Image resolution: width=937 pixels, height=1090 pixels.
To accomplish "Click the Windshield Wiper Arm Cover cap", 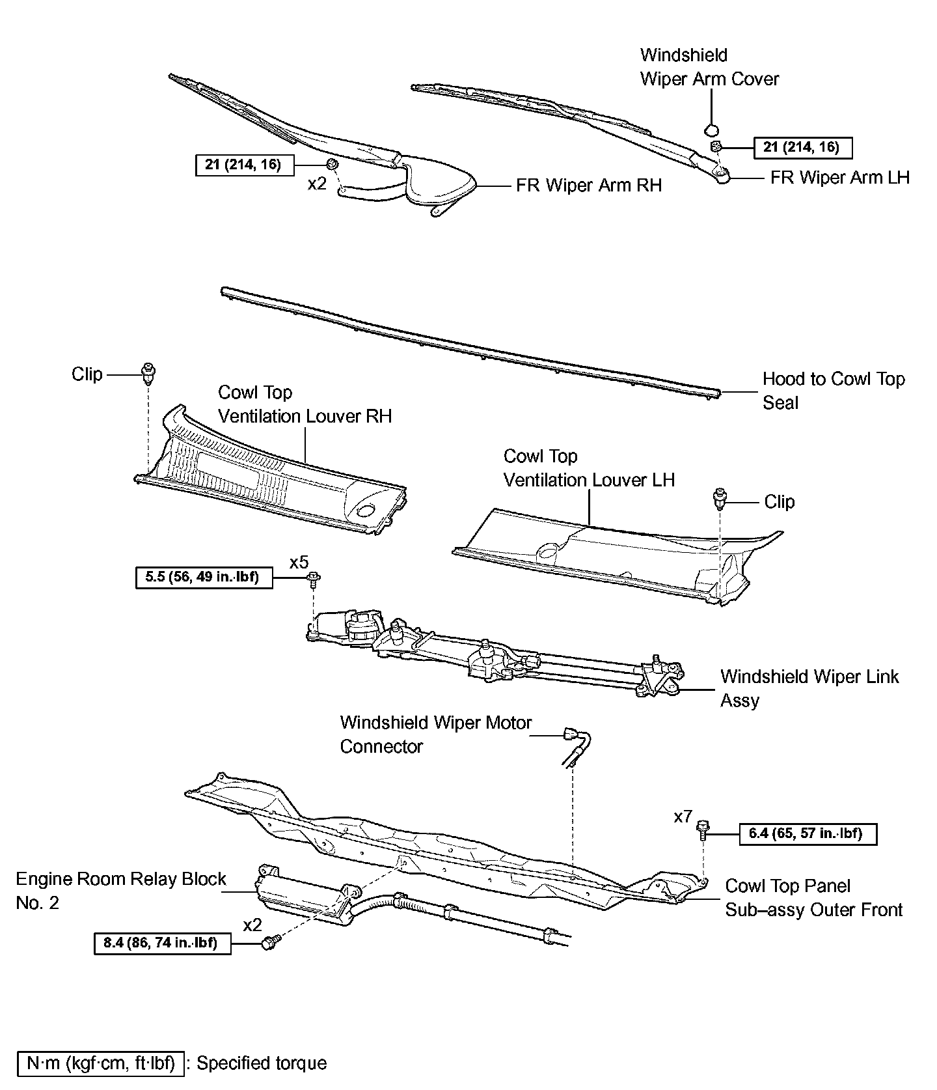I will coord(713,128).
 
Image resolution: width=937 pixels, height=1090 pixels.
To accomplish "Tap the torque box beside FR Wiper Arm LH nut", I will coord(802,148).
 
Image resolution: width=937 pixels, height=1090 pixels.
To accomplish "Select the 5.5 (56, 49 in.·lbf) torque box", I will coord(204,578).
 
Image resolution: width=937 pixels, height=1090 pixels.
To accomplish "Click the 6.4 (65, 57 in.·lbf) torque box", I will coord(808,834).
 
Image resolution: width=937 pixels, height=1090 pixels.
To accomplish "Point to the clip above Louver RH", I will coord(149,373).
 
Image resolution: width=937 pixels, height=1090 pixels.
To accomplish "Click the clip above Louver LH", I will coord(720,499).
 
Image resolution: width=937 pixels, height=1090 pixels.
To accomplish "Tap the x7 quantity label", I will coord(683,817).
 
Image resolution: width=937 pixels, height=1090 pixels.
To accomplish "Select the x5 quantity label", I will coord(299,563).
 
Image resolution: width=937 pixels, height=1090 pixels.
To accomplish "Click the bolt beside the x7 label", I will coord(702,830).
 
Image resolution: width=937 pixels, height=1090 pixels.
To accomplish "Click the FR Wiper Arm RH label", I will coord(588,186).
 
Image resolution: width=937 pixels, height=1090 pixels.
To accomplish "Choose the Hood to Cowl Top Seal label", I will coord(833,391).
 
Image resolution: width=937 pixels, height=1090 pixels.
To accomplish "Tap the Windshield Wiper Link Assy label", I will coord(809,688).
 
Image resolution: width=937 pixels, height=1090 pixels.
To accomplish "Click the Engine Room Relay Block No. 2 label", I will coord(120,890).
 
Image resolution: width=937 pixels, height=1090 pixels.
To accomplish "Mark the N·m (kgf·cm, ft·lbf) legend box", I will coord(101,1063).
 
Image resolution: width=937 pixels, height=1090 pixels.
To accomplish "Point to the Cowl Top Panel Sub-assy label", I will coord(813,898).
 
